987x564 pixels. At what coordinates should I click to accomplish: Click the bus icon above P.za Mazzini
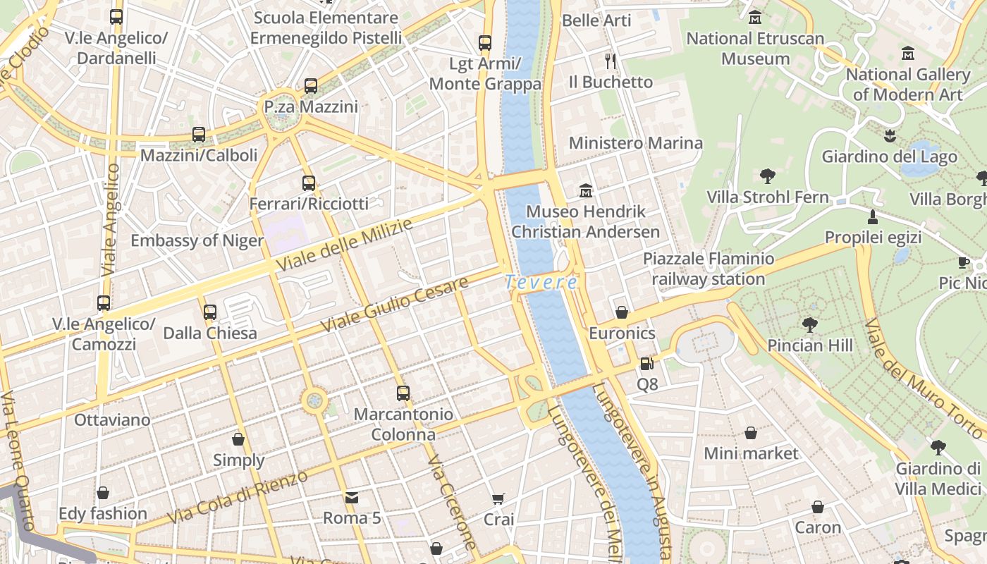tap(311, 86)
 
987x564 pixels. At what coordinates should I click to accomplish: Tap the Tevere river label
tap(541, 283)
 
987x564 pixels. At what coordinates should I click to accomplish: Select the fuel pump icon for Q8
tap(646, 364)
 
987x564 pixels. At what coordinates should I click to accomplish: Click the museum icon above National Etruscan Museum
tap(755, 17)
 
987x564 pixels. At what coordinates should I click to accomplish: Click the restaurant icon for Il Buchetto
tap(611, 61)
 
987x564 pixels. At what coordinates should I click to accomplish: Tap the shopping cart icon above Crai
tap(498, 499)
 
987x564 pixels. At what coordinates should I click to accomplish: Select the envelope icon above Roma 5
tap(352, 497)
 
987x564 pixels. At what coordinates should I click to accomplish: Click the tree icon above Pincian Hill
tap(810, 325)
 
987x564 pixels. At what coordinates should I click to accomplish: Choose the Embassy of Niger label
tap(197, 240)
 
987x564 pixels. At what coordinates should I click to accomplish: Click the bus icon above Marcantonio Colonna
tap(403, 393)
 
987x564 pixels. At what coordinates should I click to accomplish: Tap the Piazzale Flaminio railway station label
tap(708, 269)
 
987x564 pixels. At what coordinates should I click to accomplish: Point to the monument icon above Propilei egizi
tap(873, 216)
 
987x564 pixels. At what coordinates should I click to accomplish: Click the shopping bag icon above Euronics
tap(622, 312)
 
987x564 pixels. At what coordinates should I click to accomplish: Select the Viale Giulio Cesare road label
tap(395, 305)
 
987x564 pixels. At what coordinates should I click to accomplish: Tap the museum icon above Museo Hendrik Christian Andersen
tap(585, 191)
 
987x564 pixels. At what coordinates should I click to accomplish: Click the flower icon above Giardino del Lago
tap(889, 135)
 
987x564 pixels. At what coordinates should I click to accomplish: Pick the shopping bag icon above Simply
tap(238, 439)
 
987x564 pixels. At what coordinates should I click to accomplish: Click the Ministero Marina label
tap(635, 143)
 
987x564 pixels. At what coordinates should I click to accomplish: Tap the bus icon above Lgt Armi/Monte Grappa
tap(485, 43)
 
